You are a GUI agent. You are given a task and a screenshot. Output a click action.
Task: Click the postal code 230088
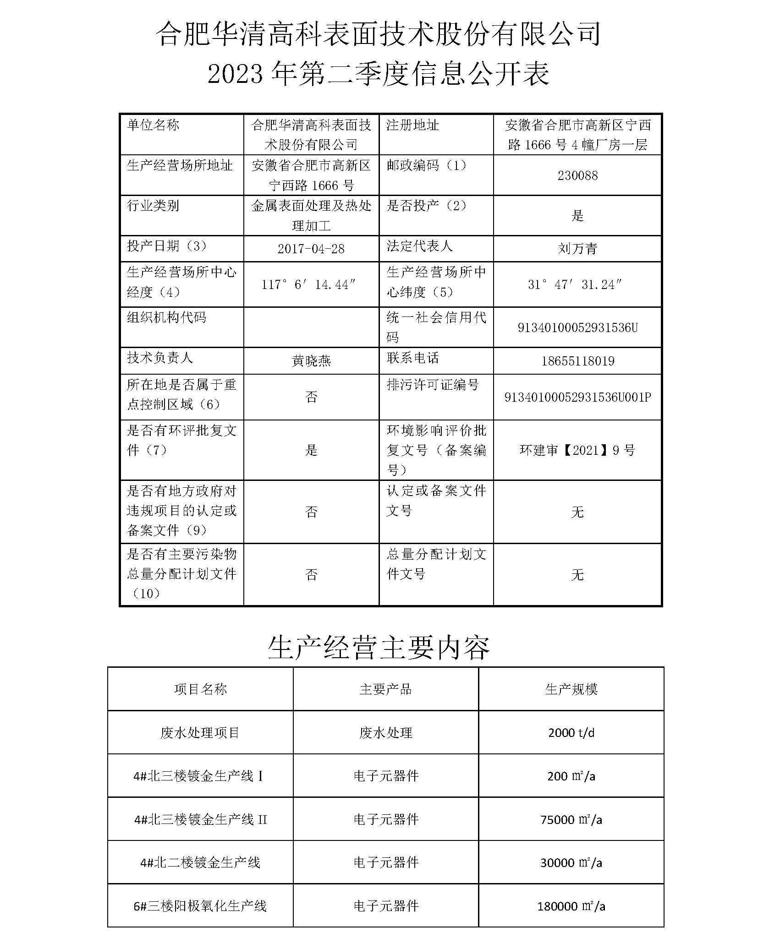[577, 176]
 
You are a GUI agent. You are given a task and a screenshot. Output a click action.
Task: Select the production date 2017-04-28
[311, 249]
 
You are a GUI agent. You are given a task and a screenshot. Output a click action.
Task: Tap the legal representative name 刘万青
[577, 249]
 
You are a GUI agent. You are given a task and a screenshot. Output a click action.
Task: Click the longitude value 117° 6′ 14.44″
[308, 285]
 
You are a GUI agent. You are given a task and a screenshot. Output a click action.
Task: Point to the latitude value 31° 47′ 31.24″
[575, 285]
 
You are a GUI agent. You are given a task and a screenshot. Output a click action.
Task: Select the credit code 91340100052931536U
[577, 328]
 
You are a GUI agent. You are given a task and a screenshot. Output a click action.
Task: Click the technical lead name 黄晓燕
[311, 361]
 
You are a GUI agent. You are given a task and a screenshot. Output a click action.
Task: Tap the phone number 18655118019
[577, 361]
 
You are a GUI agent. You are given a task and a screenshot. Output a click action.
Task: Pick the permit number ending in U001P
[577, 398]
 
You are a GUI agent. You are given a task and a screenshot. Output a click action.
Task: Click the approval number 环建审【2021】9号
[577, 451]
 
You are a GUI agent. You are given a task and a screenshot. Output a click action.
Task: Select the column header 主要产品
[385, 689]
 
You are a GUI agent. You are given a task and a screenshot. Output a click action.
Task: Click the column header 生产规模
[571, 689]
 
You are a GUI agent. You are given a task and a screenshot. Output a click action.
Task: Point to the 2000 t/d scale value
[571, 733]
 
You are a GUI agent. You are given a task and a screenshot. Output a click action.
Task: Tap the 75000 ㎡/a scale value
[571, 819]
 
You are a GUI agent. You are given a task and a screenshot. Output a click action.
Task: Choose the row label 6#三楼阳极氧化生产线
[200, 906]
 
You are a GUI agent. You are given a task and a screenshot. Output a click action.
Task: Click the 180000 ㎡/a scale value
[571, 906]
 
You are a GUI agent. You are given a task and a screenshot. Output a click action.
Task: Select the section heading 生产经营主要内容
[379, 648]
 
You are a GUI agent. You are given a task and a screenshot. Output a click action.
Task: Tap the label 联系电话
[412, 358]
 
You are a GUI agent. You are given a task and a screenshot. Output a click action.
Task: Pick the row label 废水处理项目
[200, 733]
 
